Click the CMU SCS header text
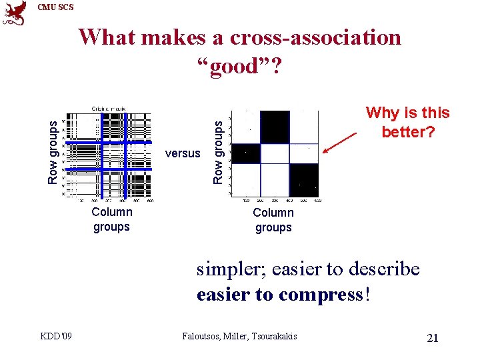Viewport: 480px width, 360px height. (x=56, y=7)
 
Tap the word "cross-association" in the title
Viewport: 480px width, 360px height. (x=315, y=37)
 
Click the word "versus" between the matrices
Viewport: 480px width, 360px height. (x=182, y=153)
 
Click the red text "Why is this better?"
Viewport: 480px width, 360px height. (x=407, y=123)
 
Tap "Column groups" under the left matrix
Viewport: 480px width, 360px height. (x=111, y=219)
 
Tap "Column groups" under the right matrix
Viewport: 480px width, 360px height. (x=273, y=220)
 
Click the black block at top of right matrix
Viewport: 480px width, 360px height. (x=275, y=127)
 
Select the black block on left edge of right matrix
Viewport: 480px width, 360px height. (x=245, y=153)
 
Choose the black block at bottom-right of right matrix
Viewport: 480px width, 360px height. (x=304, y=179)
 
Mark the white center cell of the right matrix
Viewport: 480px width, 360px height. (x=275, y=153)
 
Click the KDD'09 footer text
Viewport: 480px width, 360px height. (x=54, y=337)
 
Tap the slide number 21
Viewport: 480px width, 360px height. (x=432, y=338)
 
